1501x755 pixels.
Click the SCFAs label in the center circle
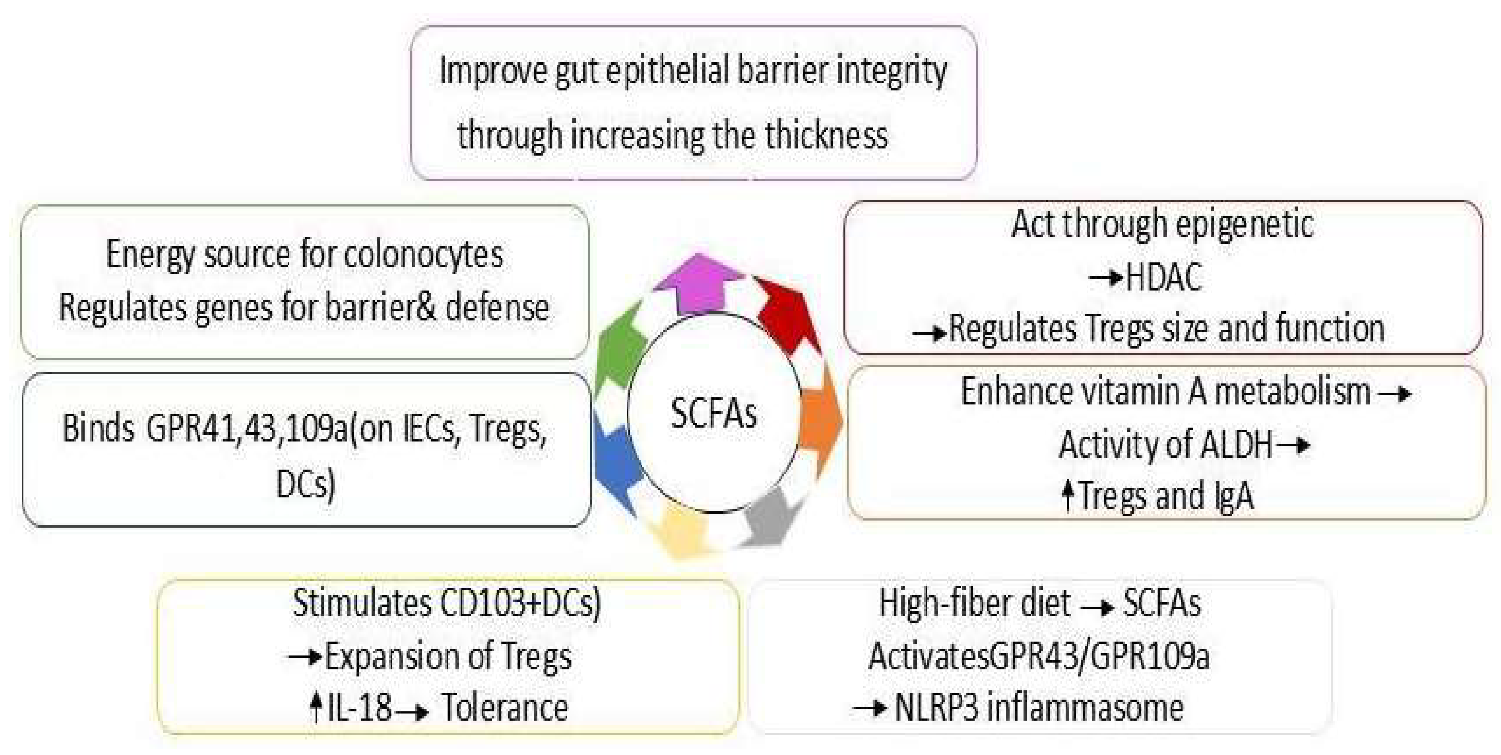[x=713, y=413]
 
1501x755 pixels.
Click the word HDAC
[x=1164, y=277]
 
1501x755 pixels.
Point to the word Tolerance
[x=505, y=708]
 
